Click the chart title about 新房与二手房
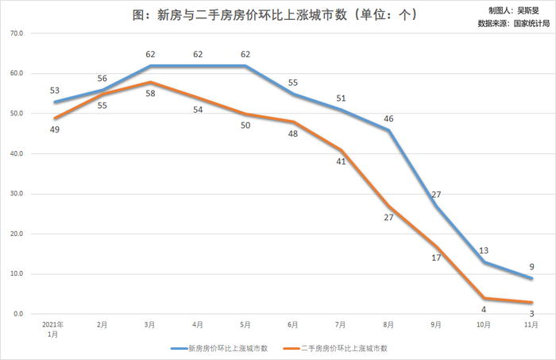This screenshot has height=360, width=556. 275,15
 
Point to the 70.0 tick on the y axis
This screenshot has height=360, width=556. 17,33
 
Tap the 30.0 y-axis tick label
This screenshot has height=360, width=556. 17,194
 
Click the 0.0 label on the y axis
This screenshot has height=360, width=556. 18,314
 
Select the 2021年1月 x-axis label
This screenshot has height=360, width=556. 53,329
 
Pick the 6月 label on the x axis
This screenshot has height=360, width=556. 293,324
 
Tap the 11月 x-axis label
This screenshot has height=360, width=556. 531,324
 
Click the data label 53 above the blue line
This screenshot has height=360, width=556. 55,91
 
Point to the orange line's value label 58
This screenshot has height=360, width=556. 150,93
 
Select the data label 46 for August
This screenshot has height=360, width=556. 388,118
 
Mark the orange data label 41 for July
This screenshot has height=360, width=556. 341,161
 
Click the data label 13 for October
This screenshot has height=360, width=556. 484,250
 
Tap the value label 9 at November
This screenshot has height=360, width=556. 531,266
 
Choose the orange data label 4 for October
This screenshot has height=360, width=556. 484,309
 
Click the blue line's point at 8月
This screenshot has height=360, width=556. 388,130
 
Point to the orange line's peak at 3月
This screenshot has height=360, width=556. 150,82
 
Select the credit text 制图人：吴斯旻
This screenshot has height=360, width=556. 514,11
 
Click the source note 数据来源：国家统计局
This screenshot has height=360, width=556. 513,23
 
